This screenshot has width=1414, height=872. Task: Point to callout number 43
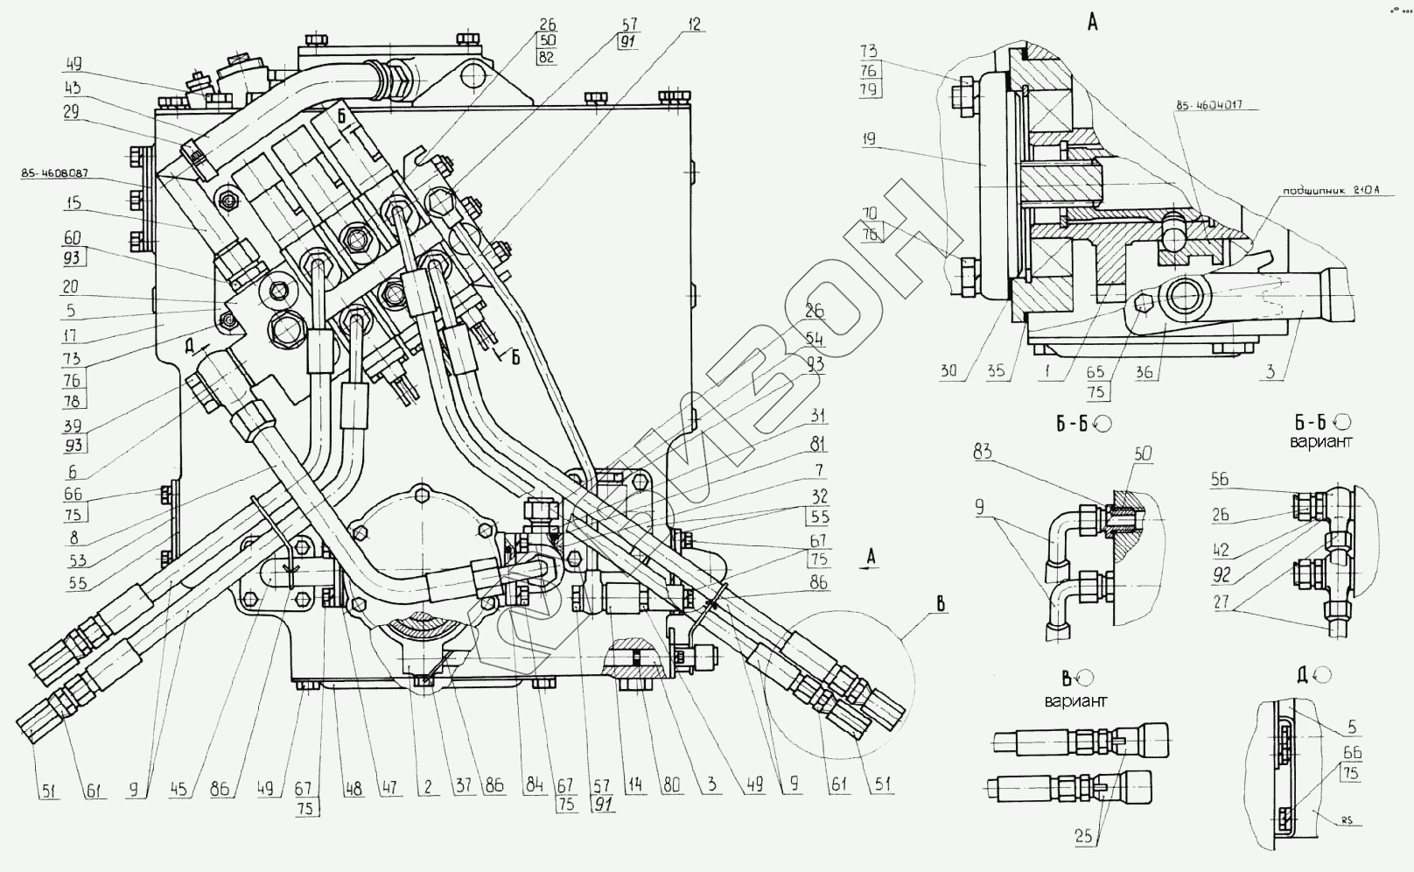(x=73, y=88)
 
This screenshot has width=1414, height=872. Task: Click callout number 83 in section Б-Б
(x=982, y=453)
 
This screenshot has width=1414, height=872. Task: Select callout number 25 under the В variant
(x=1083, y=836)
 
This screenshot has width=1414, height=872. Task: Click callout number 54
(x=815, y=338)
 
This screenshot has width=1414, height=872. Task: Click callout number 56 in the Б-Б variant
(x=1221, y=479)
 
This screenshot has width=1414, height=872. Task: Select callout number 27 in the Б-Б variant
(x=1221, y=602)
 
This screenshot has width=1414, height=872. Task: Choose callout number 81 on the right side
(x=817, y=444)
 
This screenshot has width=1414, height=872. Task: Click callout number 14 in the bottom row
(x=636, y=785)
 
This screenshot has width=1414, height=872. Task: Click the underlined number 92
(x=1221, y=576)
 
